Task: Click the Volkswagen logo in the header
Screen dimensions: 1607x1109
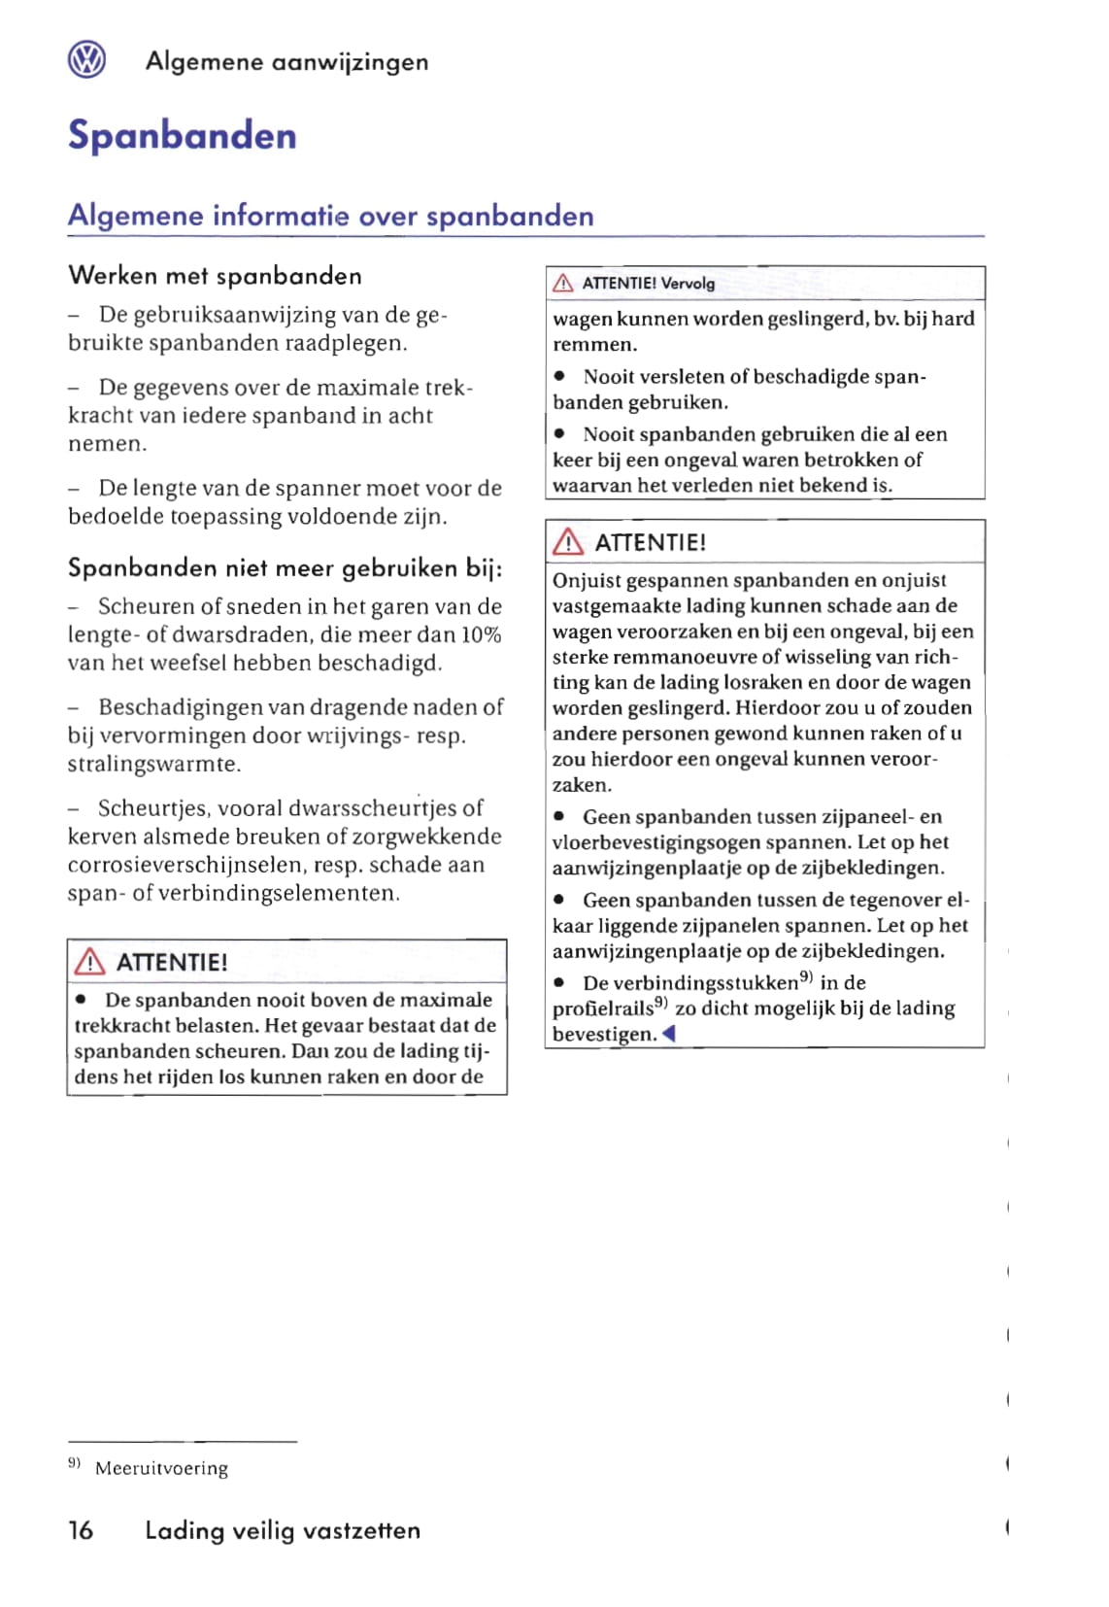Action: pyautogui.click(x=86, y=60)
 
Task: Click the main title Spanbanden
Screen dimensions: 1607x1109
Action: pyautogui.click(x=182, y=135)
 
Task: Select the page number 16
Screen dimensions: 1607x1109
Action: pyautogui.click(x=81, y=1530)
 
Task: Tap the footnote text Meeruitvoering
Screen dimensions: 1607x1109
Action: pyautogui.click(x=161, y=1468)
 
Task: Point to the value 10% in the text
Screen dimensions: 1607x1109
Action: pyautogui.click(x=481, y=635)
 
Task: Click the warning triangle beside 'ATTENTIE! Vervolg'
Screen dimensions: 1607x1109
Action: pyautogui.click(x=562, y=284)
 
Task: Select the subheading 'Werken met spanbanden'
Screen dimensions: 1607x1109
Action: pyautogui.click(x=215, y=276)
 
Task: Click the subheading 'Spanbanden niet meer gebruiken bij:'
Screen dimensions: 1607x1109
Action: pyautogui.click(x=285, y=568)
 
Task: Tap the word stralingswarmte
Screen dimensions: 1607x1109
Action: pyautogui.click(x=153, y=764)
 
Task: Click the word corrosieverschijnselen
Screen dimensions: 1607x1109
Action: pyautogui.click(x=185, y=865)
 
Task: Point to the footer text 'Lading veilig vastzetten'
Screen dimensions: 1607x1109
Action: pyautogui.click(x=283, y=1530)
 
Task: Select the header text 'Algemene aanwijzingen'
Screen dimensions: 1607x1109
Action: pyautogui.click(x=286, y=62)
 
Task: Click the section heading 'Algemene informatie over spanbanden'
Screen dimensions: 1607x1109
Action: pyautogui.click(x=330, y=216)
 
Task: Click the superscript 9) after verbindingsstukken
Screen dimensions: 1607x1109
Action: pyautogui.click(x=806, y=977)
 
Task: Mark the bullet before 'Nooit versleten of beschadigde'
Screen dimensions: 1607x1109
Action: pyautogui.click(x=560, y=377)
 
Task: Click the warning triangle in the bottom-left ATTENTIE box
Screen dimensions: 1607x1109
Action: pyautogui.click(x=89, y=962)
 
